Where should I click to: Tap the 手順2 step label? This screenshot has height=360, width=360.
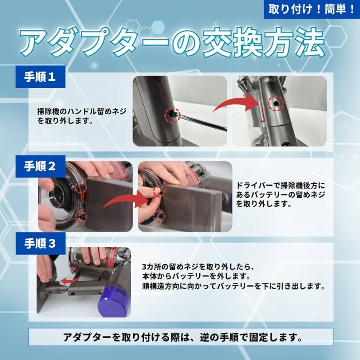(40, 166)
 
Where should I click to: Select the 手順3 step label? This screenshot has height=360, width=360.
(40, 244)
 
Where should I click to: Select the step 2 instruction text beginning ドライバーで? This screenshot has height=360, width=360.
(280, 194)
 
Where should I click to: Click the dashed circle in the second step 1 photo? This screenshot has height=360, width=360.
(277, 103)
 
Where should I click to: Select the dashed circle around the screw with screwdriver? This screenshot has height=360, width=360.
(172, 115)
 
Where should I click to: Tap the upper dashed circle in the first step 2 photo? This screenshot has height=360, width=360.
(80, 186)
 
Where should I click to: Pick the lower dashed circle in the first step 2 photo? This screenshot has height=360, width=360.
(80, 216)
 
